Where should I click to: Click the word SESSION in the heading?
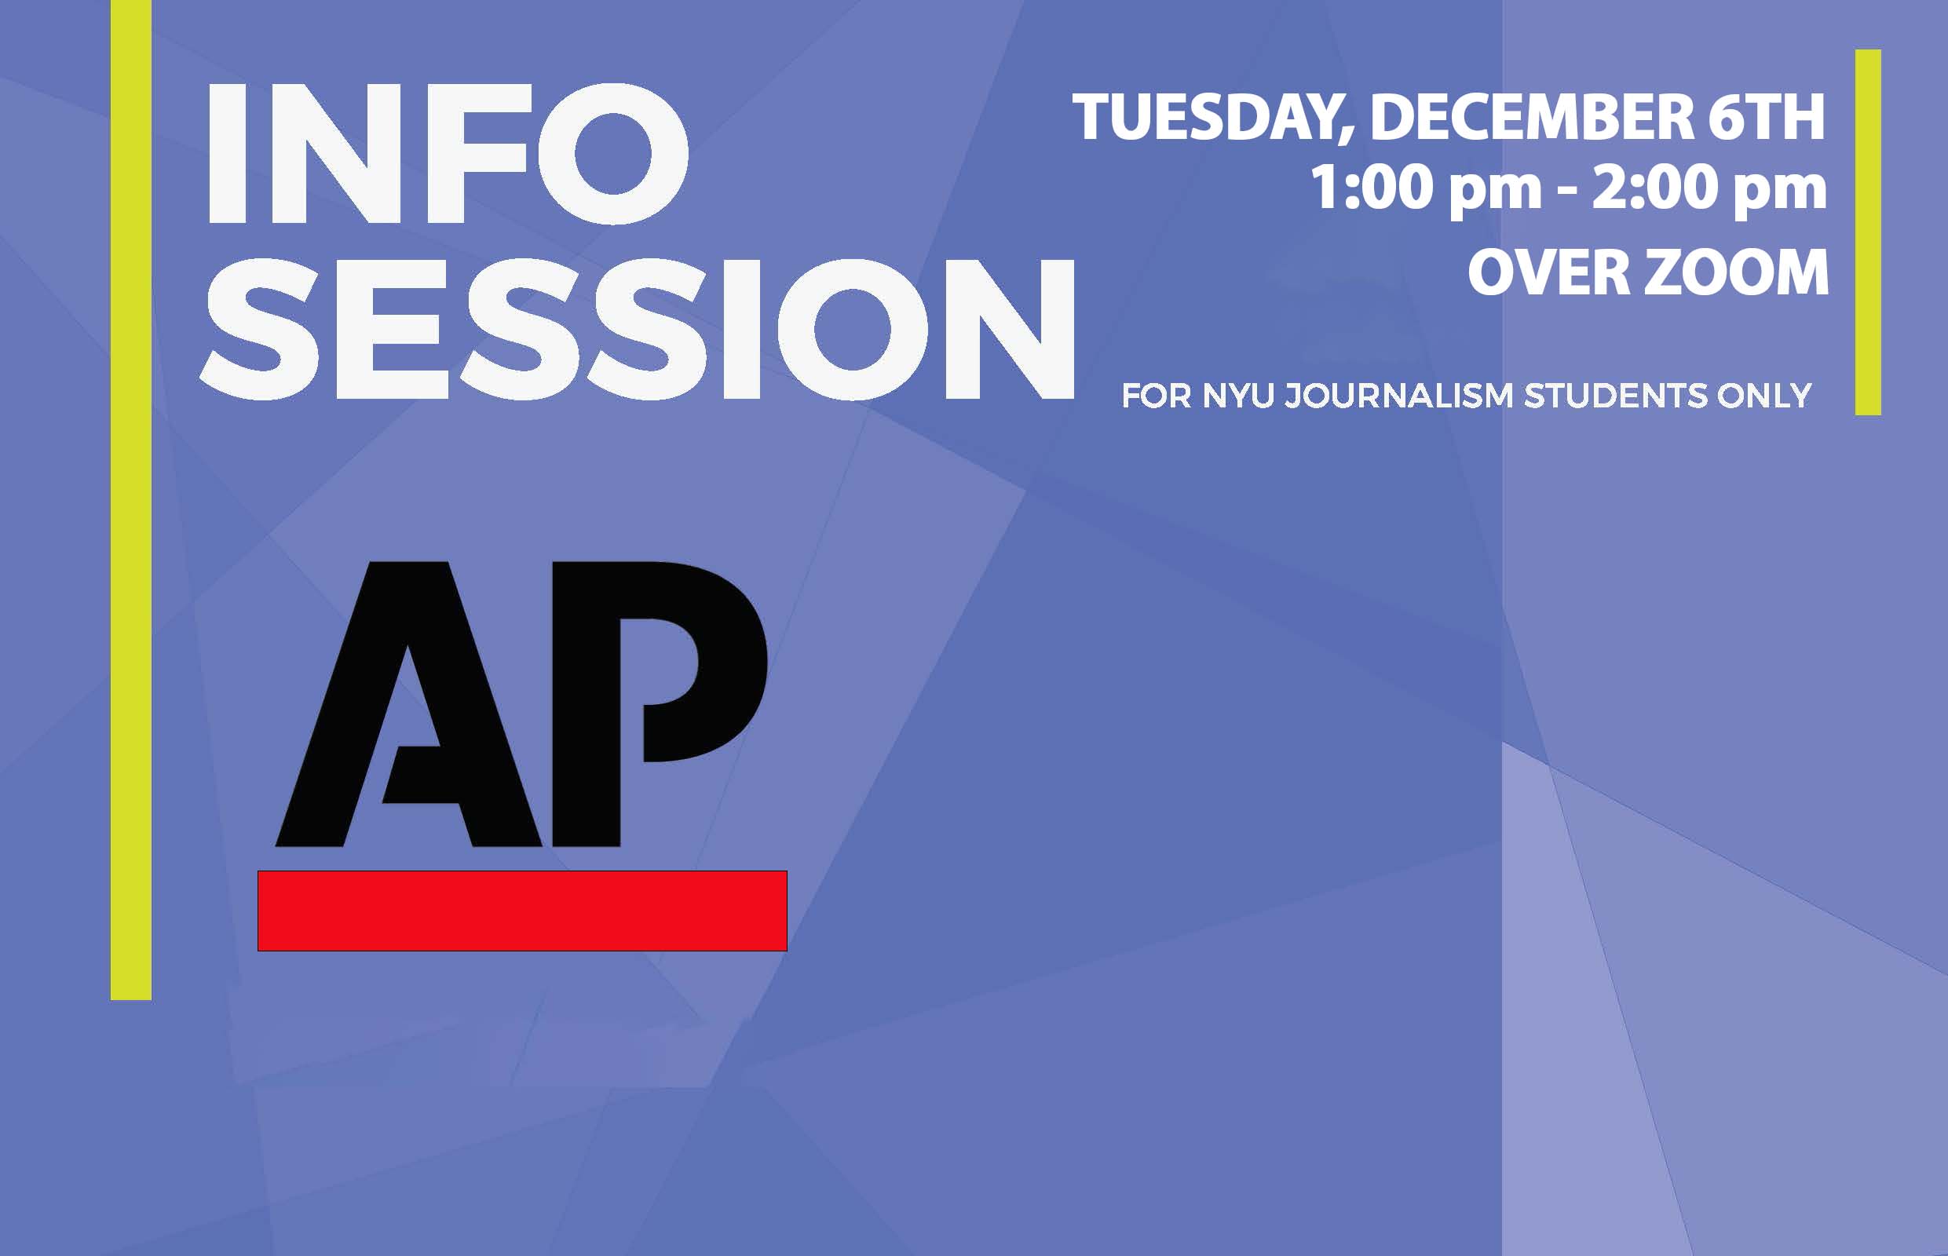[x=637, y=330]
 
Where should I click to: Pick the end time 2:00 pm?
[x=1709, y=189]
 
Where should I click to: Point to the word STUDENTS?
[x=1615, y=396]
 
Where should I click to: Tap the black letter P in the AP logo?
[x=652, y=652]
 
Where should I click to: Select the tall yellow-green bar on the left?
[x=131, y=500]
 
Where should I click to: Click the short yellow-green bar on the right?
[x=1868, y=232]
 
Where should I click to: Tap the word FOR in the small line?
[x=1156, y=396]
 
